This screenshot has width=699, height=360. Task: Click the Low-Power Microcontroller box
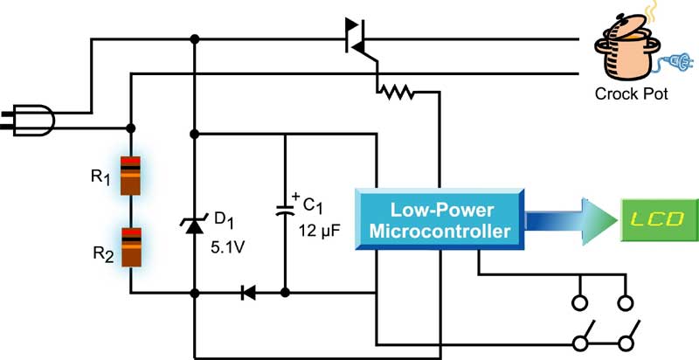(438, 222)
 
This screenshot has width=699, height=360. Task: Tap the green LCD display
(659, 219)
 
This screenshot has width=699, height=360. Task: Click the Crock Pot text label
(631, 94)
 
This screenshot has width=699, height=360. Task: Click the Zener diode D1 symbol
(194, 225)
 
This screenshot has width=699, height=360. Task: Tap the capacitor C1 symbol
(286, 210)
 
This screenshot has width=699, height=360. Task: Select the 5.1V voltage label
(228, 246)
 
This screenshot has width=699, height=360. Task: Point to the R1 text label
(101, 176)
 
